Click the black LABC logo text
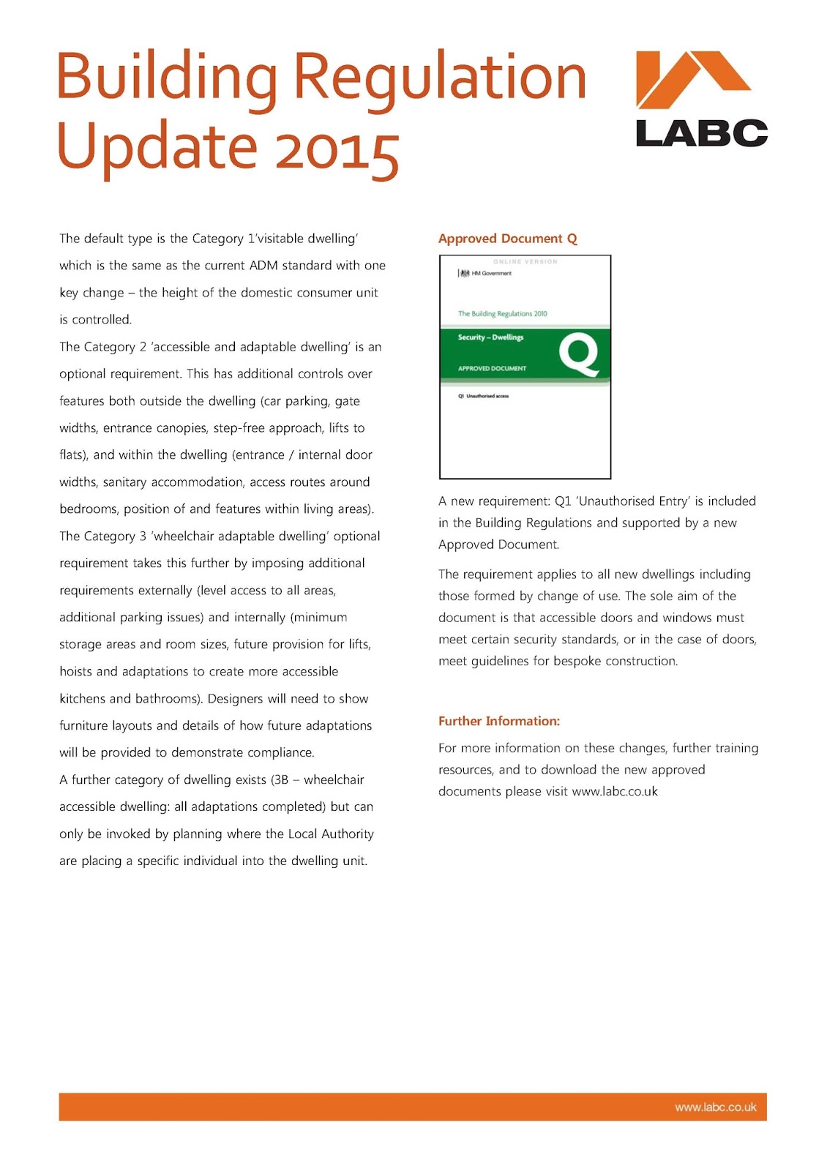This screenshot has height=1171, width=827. click(701, 133)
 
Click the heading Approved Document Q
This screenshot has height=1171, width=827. click(507, 239)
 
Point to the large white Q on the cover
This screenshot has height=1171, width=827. click(578, 355)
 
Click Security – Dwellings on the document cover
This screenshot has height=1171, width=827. click(490, 337)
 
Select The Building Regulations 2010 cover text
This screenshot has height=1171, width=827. click(502, 313)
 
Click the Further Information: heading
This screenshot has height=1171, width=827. click(498, 721)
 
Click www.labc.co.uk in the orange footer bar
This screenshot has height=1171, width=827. click(715, 1107)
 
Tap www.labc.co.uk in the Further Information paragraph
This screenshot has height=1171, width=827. click(614, 792)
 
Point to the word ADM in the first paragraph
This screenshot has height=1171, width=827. click(263, 266)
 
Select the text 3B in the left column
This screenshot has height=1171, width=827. click(281, 780)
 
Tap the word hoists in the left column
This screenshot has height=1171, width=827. click(76, 672)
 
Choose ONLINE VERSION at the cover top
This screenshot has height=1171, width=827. click(525, 261)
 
